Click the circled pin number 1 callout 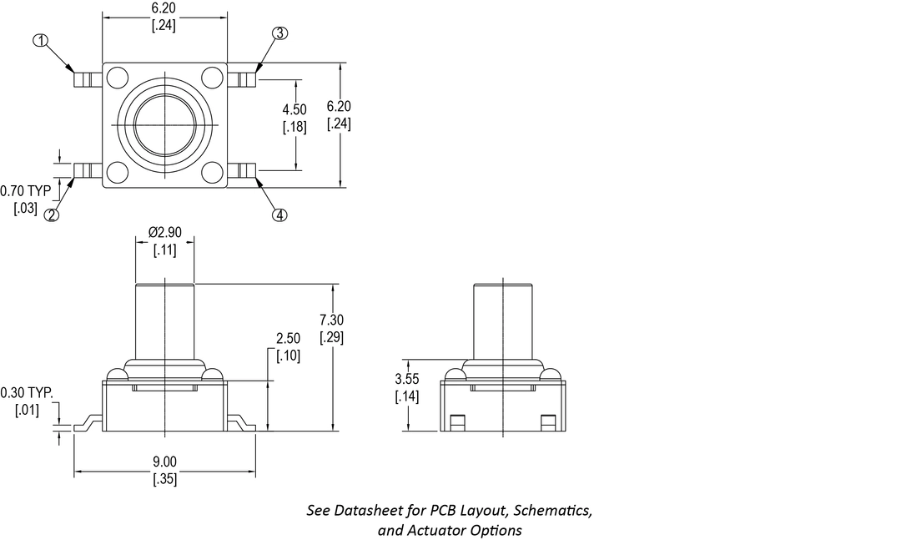pos(40,40)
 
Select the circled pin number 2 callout pos(52,215)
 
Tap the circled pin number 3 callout pos(279,33)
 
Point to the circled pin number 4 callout pos(279,215)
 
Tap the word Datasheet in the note pos(366,510)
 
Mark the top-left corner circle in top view pos(118,78)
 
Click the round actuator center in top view pos(165,125)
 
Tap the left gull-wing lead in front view pos(88,425)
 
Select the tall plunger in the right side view pos(503,320)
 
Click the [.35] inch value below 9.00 pos(165,479)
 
